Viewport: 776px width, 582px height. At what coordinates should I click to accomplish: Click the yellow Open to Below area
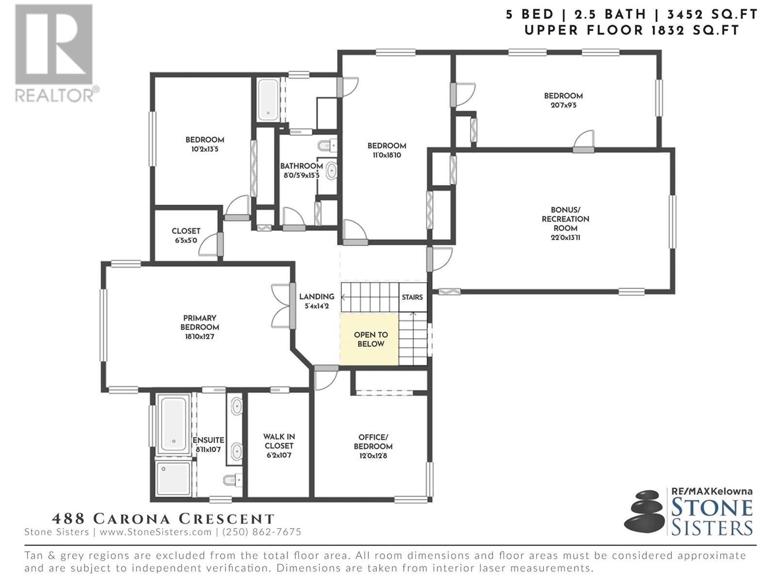coord(369,339)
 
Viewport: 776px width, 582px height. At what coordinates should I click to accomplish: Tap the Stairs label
coord(412,297)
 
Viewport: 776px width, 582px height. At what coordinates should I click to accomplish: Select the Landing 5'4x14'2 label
coord(317,301)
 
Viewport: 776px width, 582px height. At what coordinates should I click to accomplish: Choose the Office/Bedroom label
coord(373,442)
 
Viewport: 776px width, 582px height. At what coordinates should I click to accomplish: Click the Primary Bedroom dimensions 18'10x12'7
coord(199,337)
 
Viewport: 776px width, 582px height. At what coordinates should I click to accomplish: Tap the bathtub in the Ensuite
coord(173,424)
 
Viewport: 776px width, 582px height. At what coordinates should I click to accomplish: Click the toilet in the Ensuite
coord(233,480)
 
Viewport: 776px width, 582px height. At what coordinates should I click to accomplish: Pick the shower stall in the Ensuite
coord(173,478)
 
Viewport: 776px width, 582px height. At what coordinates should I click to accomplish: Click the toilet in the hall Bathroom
coord(327,145)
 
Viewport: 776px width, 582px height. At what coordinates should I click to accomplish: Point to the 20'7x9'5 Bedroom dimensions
coord(564,105)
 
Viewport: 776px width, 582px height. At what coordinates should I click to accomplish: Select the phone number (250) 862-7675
coord(261,532)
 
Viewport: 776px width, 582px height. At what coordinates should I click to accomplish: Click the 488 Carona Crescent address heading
coord(163,519)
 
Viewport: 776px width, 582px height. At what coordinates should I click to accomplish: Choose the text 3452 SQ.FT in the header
coord(712,15)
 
